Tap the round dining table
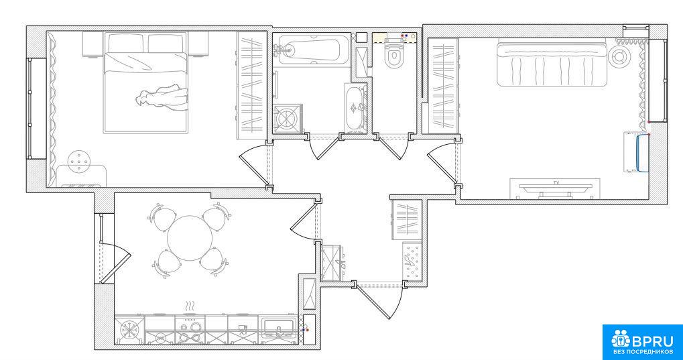tap(190, 239)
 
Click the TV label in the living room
tap(556, 182)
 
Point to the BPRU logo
tap(643, 342)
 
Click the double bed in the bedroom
tap(146, 82)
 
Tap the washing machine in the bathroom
tap(287, 118)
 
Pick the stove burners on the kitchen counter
tap(190, 330)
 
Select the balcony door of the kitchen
tap(115, 263)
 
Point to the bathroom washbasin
tap(356, 107)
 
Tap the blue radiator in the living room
tap(641, 153)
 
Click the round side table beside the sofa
tap(619, 56)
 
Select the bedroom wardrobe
tap(251, 85)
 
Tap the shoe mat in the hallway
tap(412, 261)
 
